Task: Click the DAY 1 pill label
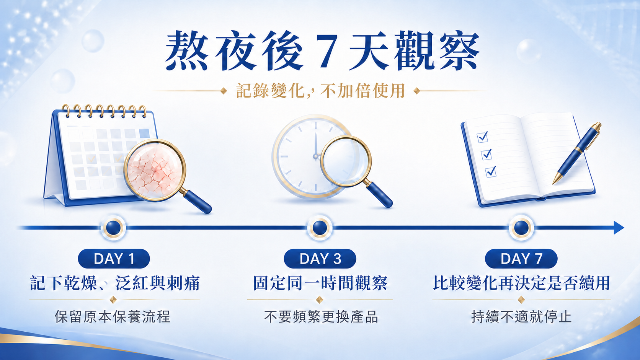point(114,259)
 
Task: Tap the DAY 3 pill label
point(320,259)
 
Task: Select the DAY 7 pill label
point(521,259)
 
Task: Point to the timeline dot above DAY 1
point(113,228)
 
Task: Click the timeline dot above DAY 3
point(320,228)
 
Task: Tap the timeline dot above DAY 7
point(521,228)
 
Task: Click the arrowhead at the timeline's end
point(619,228)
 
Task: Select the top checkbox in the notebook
point(483,137)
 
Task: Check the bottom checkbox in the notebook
point(491,171)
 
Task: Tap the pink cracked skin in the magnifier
point(155,171)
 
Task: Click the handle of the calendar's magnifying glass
point(197,202)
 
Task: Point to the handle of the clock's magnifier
point(379,194)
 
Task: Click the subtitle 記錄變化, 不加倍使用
point(320,91)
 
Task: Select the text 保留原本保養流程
point(113,317)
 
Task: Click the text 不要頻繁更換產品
point(321,317)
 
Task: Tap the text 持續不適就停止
point(521,317)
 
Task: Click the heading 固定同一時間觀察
point(320,283)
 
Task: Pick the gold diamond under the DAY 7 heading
point(521,300)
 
